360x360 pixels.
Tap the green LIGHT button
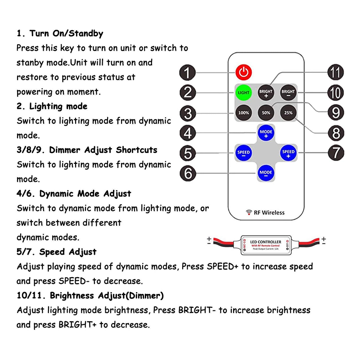[243, 93]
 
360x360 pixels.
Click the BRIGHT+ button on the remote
[266, 93]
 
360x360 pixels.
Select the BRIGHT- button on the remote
[288, 93]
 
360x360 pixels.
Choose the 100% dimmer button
[243, 112]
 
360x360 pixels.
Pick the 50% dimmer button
[266, 112]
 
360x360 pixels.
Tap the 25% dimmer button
[288, 112]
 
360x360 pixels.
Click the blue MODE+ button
[266, 132]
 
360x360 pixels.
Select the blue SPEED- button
[243, 153]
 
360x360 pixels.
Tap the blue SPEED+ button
[288, 153]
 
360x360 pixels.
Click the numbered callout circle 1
[188, 72]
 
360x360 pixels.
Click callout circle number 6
[188, 173]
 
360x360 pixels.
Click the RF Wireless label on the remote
[265, 212]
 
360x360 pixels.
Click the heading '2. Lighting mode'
[52, 106]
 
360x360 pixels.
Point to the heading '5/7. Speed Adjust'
[57, 252]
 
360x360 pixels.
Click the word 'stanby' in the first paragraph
[30, 63]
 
